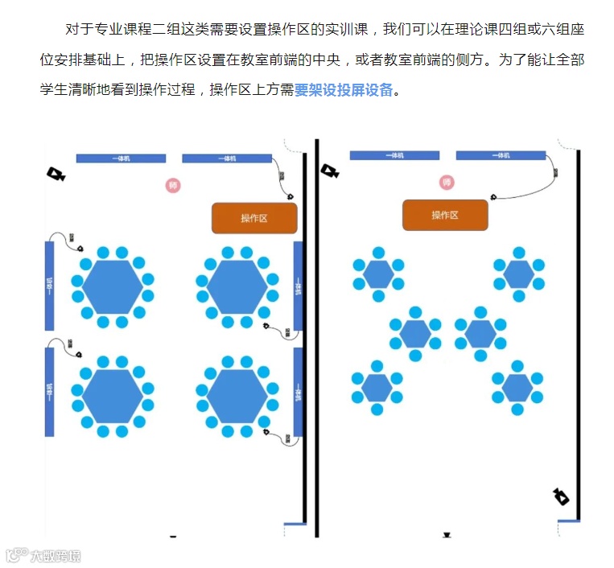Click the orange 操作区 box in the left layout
(254, 218)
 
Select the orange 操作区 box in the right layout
(445, 215)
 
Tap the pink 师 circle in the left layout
(173, 186)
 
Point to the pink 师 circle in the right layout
(447, 183)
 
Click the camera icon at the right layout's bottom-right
(561, 496)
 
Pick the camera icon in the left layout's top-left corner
(55, 174)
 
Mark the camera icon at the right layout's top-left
(328, 171)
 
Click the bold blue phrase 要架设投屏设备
(344, 90)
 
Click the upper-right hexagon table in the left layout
(237, 287)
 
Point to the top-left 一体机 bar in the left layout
(121, 158)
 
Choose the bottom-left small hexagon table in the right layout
(377, 388)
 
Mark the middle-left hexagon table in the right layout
(415, 333)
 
